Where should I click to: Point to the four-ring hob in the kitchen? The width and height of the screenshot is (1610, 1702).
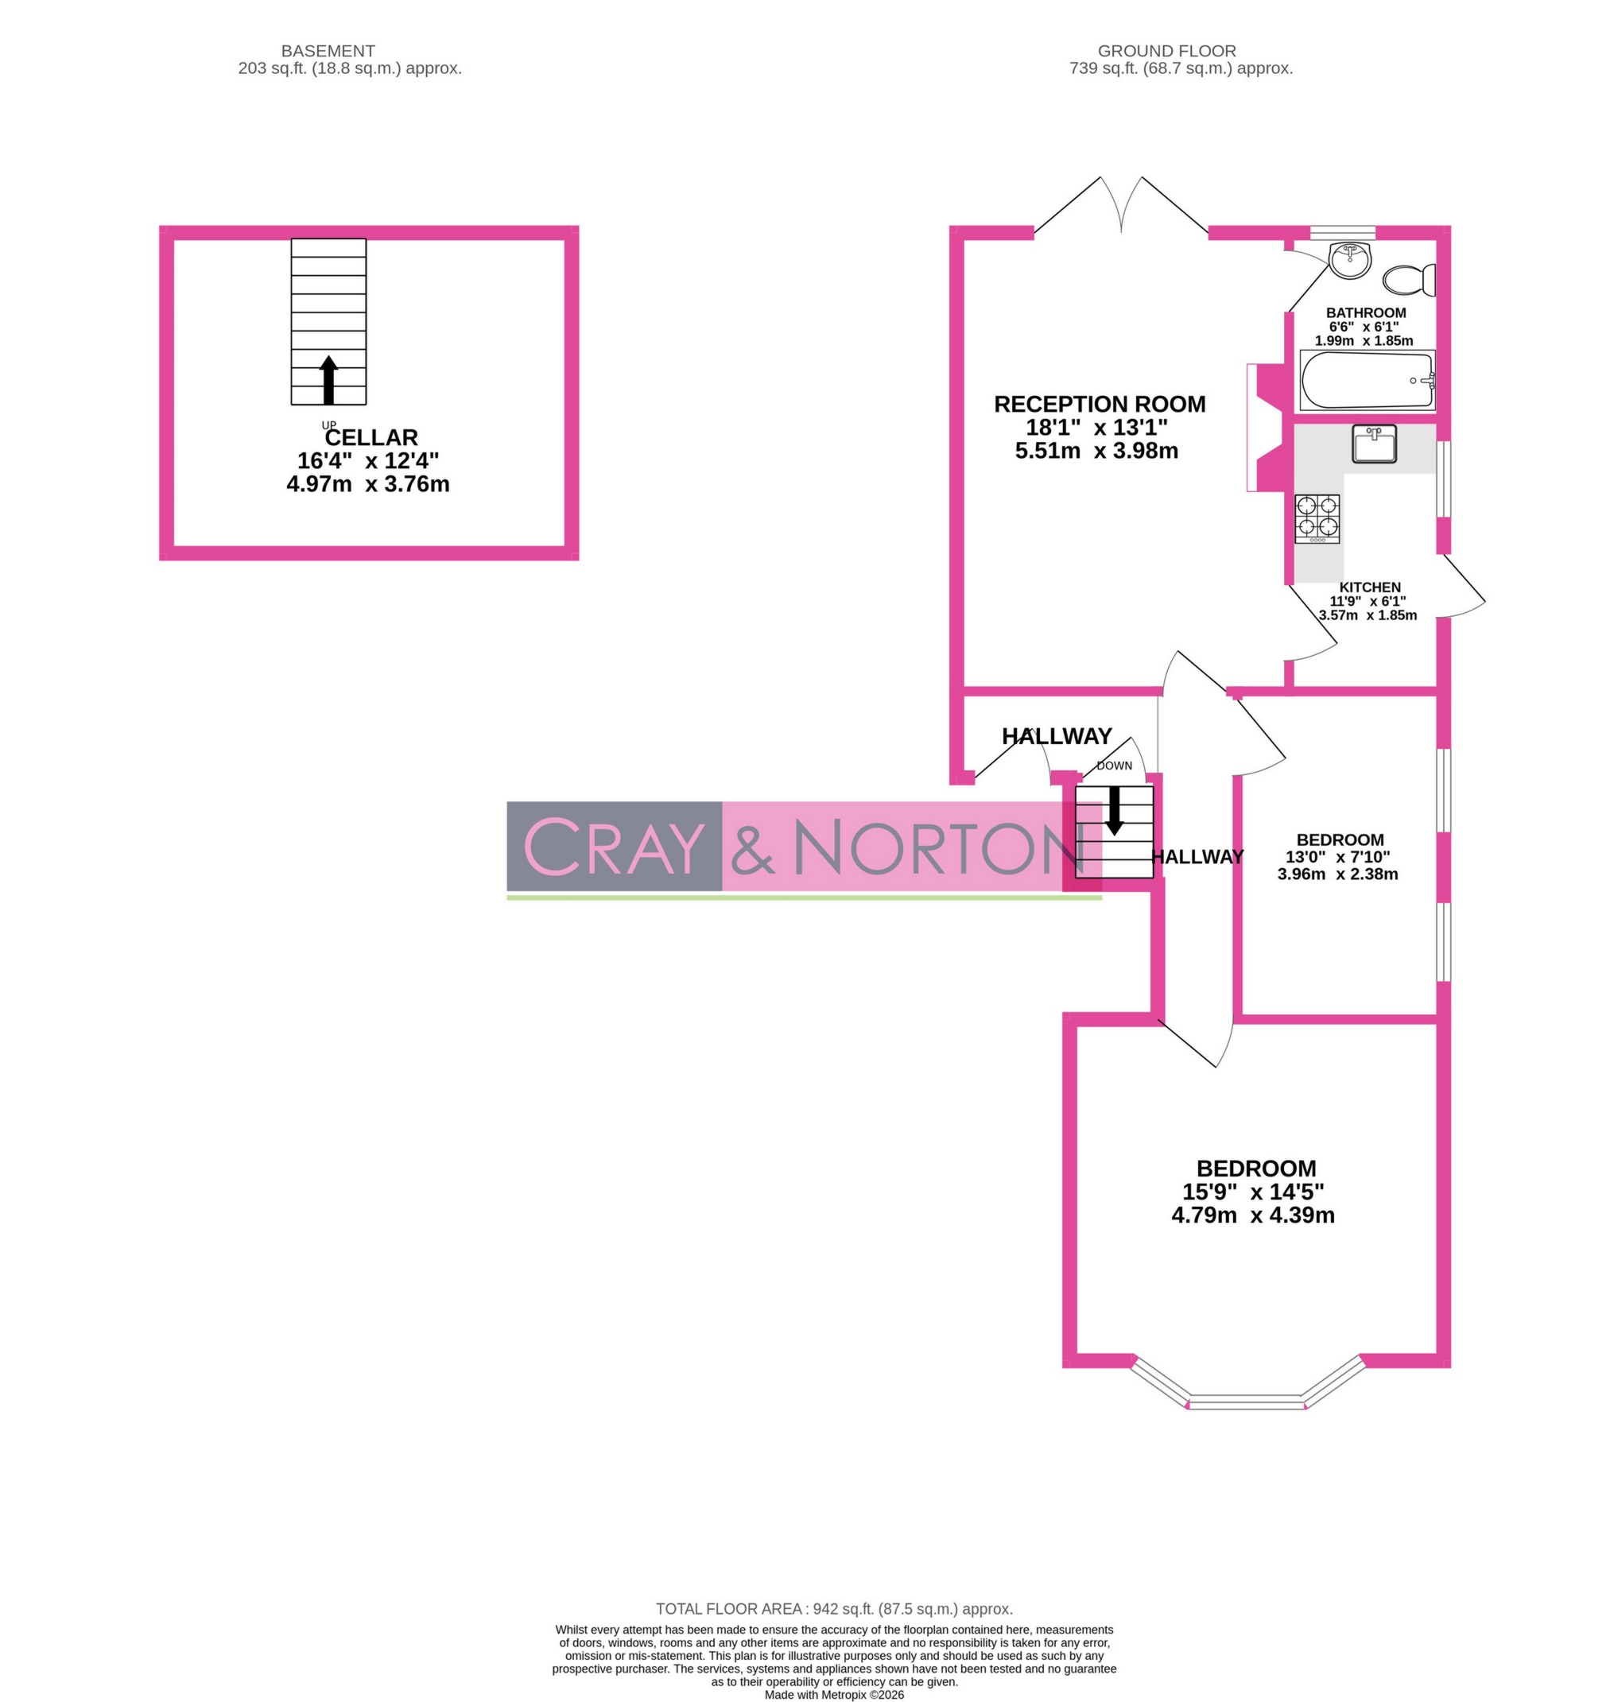tap(1317, 518)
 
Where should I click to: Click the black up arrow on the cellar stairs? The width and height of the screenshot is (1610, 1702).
tap(328, 379)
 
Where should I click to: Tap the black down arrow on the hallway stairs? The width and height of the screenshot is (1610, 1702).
tap(1114, 809)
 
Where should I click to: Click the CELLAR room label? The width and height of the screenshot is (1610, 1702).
tap(370, 438)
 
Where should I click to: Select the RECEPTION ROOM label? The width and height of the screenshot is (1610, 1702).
tap(1100, 405)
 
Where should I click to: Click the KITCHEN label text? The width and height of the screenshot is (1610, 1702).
tap(1370, 587)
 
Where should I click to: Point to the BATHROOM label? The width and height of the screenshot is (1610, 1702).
tap(1365, 312)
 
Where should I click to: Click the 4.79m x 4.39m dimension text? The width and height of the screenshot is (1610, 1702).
tap(1252, 1215)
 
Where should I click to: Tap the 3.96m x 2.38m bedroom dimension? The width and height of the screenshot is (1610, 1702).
tap(1337, 874)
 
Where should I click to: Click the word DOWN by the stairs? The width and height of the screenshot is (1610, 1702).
tap(1114, 766)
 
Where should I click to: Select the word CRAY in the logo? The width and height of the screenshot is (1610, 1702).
tap(613, 847)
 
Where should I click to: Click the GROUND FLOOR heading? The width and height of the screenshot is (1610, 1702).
tap(1166, 52)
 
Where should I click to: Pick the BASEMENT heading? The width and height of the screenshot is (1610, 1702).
tap(328, 52)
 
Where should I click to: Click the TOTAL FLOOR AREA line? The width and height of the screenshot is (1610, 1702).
tap(834, 1609)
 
